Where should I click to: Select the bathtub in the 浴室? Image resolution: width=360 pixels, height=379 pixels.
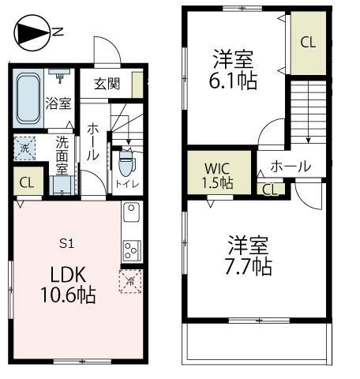click(30, 99)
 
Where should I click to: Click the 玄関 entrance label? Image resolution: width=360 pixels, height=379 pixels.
click(107, 82)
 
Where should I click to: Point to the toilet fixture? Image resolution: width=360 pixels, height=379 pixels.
click(126, 167)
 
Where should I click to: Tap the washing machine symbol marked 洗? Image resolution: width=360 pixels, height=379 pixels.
click(24, 148)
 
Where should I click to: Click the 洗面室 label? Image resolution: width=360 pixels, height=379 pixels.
click(62, 155)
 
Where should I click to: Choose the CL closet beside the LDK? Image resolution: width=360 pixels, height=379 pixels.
click(26, 182)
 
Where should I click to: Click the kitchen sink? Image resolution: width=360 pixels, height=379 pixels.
click(131, 214)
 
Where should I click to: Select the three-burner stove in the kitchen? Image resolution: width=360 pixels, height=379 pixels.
click(131, 249)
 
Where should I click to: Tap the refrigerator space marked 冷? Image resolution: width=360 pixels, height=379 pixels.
click(129, 281)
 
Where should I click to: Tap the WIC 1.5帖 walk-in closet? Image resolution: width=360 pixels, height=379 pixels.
click(216, 174)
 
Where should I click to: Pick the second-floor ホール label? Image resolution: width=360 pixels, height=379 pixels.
click(290, 167)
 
